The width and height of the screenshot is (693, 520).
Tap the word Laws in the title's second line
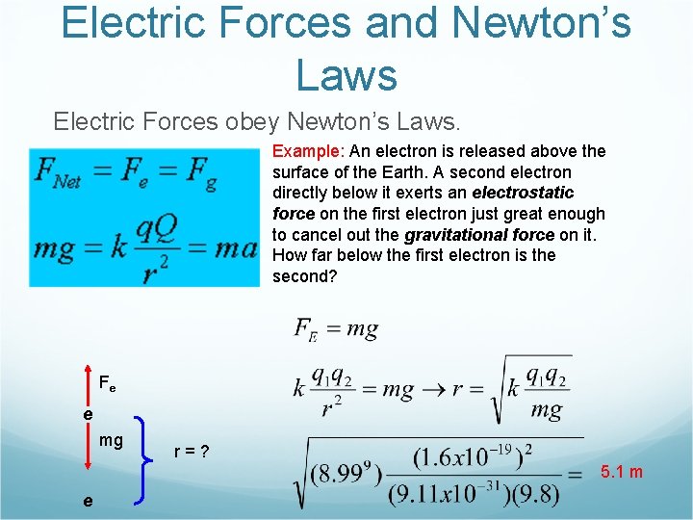[346, 75]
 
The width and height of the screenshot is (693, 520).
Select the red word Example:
[309, 151]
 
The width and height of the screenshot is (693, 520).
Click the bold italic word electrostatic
[523, 193]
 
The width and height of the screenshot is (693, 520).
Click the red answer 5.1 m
[622, 472]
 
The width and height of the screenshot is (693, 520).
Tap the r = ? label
[192, 451]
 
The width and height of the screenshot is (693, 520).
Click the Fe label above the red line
[107, 383]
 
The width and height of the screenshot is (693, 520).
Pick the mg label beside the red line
[111, 440]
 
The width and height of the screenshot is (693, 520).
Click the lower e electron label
[88, 501]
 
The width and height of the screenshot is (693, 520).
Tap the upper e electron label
[88, 413]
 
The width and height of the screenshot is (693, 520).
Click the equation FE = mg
[336, 329]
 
